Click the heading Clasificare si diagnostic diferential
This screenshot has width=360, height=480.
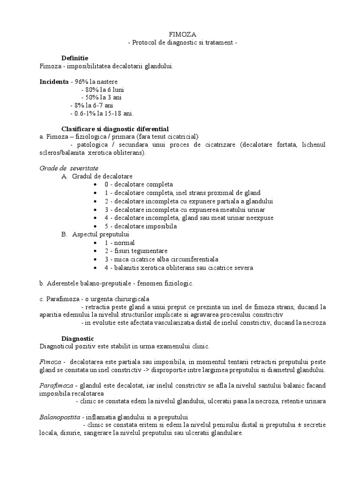115,128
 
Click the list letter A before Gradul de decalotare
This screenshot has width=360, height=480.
64,176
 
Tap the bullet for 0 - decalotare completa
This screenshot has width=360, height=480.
96,185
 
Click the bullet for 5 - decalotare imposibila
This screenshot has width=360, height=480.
96,226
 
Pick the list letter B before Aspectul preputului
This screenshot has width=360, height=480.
64,234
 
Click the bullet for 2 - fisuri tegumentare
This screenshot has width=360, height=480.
96,251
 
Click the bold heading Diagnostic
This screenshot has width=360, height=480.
78,338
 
